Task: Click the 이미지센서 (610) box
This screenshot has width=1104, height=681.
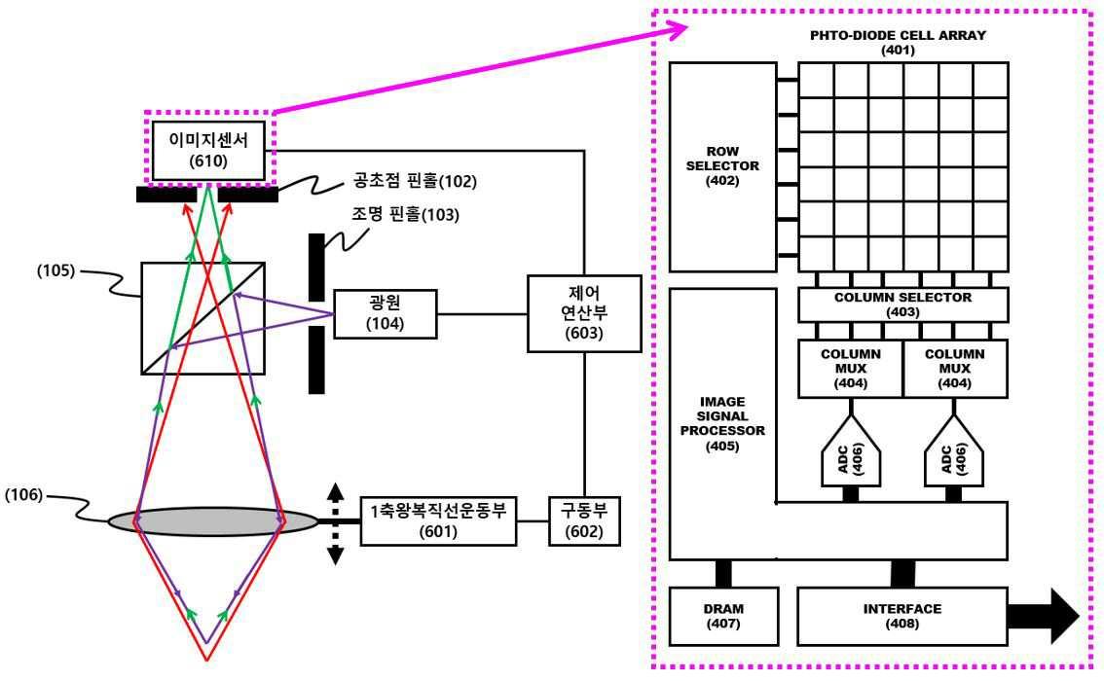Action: (x=209, y=151)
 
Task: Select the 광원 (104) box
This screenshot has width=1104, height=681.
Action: (x=386, y=313)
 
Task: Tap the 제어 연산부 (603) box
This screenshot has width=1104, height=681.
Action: (x=584, y=313)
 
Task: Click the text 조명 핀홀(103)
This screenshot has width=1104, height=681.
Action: (x=403, y=216)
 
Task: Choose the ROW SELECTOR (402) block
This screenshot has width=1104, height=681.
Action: (x=722, y=166)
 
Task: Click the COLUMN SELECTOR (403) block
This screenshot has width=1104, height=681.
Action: (x=902, y=305)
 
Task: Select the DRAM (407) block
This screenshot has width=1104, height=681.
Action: (x=722, y=616)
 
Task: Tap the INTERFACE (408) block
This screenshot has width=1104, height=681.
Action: (x=902, y=616)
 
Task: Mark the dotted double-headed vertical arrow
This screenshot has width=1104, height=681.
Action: (x=336, y=523)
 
